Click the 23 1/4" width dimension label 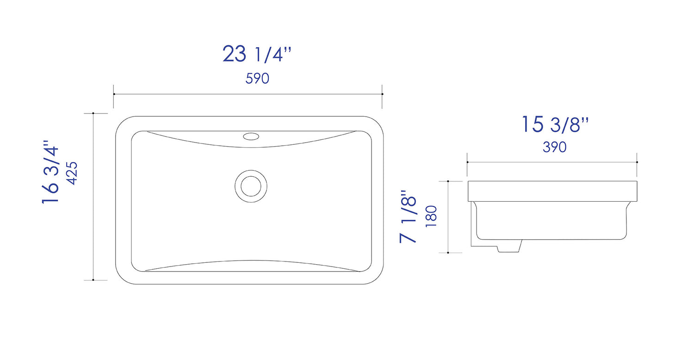pos(257,55)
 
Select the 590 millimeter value pos(257,79)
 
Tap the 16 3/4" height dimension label pos(51,172)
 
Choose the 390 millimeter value pos(554,147)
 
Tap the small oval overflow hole pos(251,136)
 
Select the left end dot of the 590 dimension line pos(114,94)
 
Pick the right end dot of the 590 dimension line pos(382,94)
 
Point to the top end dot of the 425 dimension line pos(93,113)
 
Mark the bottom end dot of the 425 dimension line pos(93,280)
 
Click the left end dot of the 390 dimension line pos(467,162)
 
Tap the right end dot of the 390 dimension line pos(637,162)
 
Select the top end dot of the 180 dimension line pos(448,181)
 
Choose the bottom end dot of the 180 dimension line pos(448,253)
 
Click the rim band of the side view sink pos(552,191)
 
